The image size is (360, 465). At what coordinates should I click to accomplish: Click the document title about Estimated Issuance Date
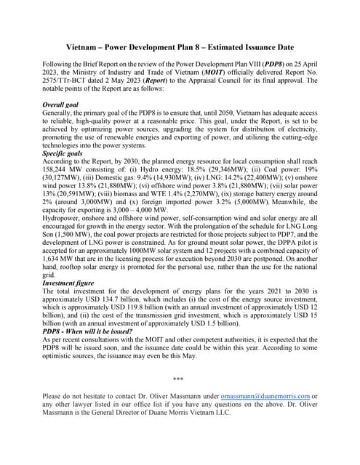[x=180, y=46]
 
